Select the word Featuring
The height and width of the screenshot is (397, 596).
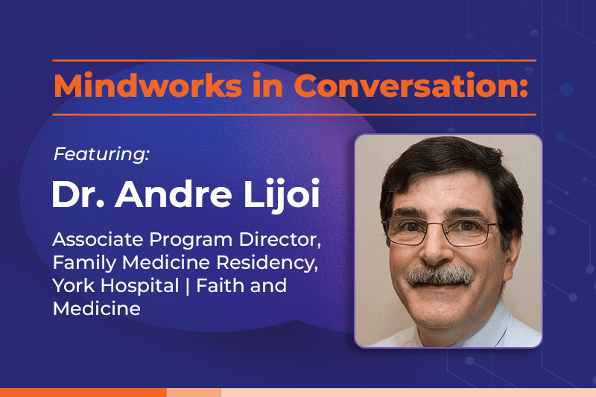tap(101, 154)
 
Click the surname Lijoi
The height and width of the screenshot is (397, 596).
tap(282, 195)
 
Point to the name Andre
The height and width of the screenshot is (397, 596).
tap(174, 194)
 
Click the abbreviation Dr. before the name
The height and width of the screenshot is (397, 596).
tap(78, 194)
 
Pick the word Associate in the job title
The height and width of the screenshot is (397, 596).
tap(98, 239)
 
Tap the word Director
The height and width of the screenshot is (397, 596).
tap(280, 240)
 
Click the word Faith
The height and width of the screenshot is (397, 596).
tap(220, 285)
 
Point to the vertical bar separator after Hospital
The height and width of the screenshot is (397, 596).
tap(188, 286)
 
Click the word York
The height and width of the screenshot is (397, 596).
tap(74, 285)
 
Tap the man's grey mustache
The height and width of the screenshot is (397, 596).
tap(440, 275)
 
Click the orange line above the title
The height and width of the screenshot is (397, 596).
tap(294, 60)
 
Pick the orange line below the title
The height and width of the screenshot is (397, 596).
tap(294, 115)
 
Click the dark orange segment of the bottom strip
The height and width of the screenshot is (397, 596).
tap(83, 393)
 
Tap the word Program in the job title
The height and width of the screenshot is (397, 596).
tap(191, 240)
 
